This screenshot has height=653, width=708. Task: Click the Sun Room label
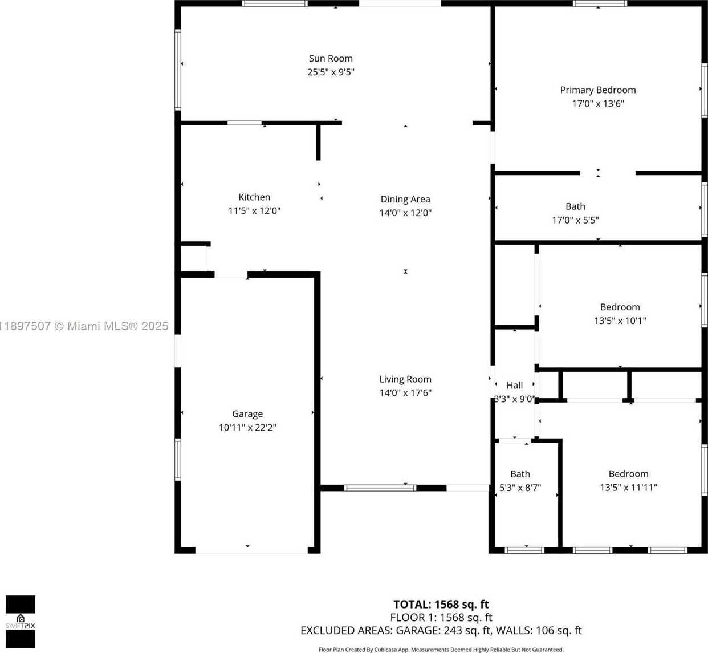click(x=331, y=58)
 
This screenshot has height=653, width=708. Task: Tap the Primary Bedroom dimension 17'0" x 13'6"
click(x=598, y=103)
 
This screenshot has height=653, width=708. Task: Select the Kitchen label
click(x=254, y=197)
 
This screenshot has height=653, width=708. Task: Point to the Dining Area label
click(x=405, y=199)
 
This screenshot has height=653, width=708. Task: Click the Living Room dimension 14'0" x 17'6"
click(x=405, y=392)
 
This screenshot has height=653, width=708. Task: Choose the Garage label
click(x=247, y=414)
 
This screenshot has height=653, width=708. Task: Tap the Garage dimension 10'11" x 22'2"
click(x=247, y=427)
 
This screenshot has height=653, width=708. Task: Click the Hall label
click(x=514, y=386)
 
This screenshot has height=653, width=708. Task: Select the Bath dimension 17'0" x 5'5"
click(x=575, y=220)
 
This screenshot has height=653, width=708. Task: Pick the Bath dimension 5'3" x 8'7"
click(x=520, y=488)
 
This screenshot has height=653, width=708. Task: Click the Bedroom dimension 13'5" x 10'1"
click(x=620, y=321)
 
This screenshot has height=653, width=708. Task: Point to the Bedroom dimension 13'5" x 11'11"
click(x=628, y=488)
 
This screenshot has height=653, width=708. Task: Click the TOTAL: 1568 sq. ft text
click(x=441, y=604)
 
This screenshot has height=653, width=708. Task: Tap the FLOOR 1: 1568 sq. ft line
click(x=441, y=617)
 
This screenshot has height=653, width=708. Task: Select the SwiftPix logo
click(x=21, y=622)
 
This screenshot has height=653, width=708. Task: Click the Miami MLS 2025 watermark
click(x=84, y=326)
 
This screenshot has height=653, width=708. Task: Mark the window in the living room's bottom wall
click(x=380, y=488)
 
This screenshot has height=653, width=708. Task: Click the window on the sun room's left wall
click(x=177, y=70)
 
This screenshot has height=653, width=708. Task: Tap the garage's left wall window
click(x=177, y=459)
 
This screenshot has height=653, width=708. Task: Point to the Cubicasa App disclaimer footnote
click(x=441, y=650)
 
